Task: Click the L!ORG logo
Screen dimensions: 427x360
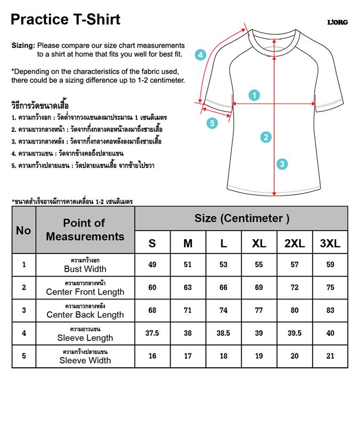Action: [337, 22]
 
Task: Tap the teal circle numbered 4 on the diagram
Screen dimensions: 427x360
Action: [200, 54]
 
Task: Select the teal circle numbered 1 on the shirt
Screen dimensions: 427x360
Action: [254, 96]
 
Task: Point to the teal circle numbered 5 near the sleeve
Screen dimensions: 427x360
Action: [212, 123]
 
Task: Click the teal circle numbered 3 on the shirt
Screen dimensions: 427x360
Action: [282, 164]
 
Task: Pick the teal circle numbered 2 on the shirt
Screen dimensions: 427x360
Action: [266, 137]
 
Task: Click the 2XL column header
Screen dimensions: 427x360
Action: [294, 243]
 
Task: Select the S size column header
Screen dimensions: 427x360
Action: [153, 243]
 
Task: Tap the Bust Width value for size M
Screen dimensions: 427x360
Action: [188, 265]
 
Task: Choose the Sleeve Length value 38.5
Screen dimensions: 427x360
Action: [223, 333]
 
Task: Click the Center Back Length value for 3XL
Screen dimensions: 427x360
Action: [330, 310]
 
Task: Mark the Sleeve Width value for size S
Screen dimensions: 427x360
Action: [153, 356]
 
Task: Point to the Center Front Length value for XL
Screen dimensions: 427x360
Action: [259, 288]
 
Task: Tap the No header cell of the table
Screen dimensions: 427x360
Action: [23, 231]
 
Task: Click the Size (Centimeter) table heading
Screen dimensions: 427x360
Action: [242, 218]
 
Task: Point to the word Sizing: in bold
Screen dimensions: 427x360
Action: [23, 46]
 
